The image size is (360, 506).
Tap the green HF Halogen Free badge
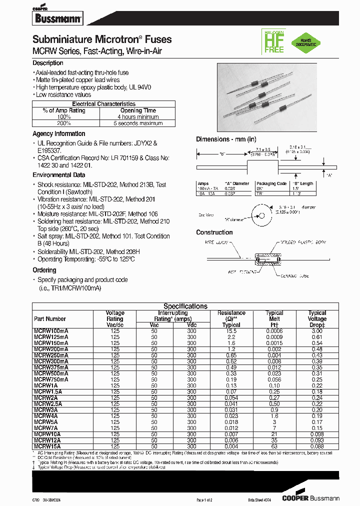[273, 41]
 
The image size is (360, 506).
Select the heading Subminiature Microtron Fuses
[102, 39]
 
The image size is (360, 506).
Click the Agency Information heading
[58, 134]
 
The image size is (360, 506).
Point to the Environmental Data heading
[58, 175]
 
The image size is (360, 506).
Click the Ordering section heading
[44, 270]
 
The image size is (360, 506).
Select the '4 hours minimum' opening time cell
[138, 117]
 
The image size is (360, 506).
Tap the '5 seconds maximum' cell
[138, 123]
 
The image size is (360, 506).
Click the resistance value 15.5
[231, 331]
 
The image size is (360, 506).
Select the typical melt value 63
[274, 446]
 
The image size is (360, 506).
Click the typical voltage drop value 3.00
[317, 331]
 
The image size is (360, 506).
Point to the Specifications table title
[185, 306]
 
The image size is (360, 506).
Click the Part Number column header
[50, 318]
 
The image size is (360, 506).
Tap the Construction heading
[214, 232]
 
